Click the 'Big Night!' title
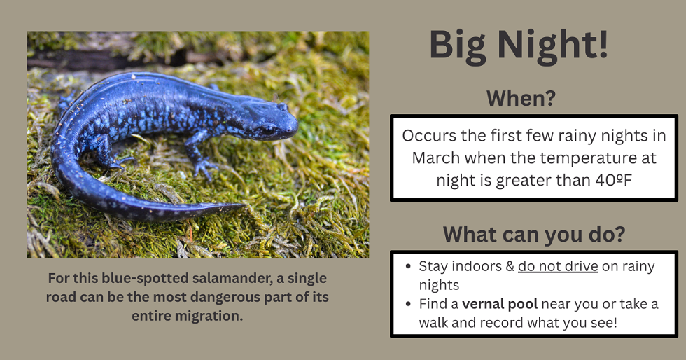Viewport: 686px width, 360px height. [519, 44]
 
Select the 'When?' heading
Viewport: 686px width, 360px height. [521, 98]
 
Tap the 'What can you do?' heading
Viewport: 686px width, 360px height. [533, 234]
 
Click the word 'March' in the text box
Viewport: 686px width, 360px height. [437, 158]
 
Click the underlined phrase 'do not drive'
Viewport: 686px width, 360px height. [557, 266]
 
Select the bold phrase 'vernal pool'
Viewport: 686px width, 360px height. [499, 304]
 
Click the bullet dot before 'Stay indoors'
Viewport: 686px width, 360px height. [408, 267]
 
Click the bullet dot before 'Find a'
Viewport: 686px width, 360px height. [408, 305]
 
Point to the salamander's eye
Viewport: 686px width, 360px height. [268, 129]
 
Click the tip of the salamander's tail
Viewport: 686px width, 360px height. [242, 206]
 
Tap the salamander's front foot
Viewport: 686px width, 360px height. [204, 167]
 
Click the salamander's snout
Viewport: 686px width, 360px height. [294, 126]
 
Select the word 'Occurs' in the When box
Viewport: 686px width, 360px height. [428, 135]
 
